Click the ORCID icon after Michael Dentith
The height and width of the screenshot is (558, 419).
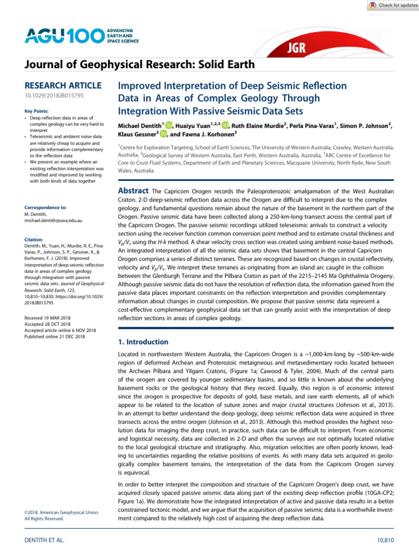point(169,126)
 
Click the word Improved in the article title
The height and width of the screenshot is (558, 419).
point(141,87)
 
